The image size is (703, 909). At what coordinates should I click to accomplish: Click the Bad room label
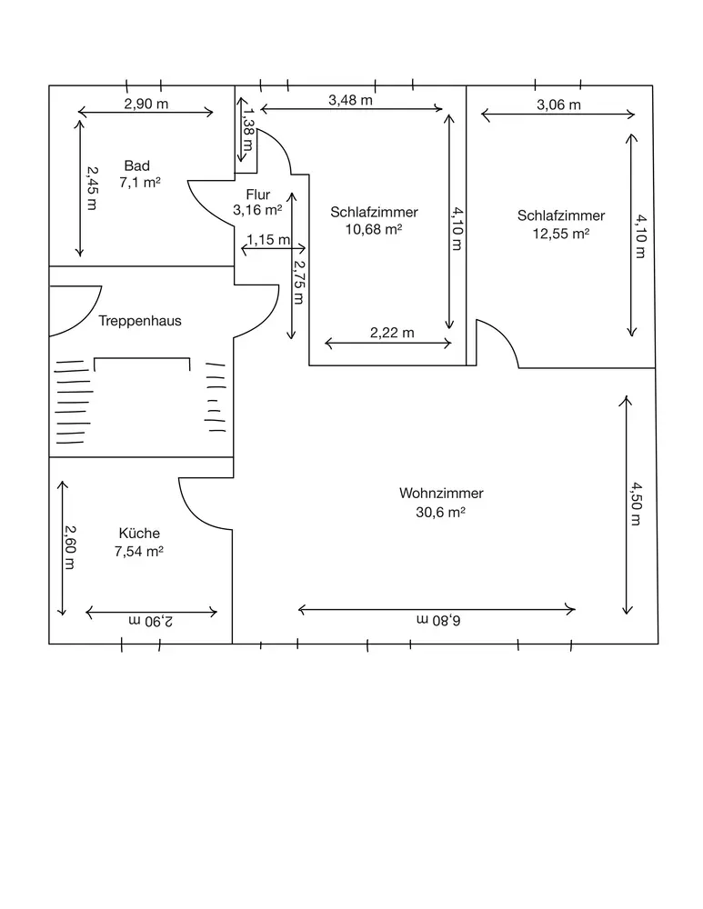(137, 166)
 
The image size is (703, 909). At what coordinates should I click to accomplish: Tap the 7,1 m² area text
(140, 183)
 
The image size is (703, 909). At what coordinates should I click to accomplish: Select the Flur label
(258, 194)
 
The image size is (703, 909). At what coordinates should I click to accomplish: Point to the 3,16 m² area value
(257, 209)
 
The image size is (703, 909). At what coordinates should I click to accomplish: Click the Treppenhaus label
(140, 321)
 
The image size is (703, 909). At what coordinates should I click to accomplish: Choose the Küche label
(139, 534)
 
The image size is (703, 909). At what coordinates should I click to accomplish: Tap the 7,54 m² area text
(139, 551)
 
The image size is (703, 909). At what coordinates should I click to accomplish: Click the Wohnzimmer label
(441, 494)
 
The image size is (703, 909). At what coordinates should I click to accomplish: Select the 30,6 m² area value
(441, 512)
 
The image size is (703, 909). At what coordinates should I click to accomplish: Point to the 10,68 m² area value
(374, 229)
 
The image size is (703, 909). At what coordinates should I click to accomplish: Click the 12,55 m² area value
(560, 233)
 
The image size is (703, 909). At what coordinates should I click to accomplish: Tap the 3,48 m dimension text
(350, 101)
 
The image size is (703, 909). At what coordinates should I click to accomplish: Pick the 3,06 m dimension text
(558, 105)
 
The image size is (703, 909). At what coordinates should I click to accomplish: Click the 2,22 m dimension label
(392, 333)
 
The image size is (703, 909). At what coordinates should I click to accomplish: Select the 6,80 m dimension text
(439, 620)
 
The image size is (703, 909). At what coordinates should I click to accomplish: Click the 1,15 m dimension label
(268, 240)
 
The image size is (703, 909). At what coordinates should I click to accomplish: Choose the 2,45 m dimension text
(91, 186)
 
